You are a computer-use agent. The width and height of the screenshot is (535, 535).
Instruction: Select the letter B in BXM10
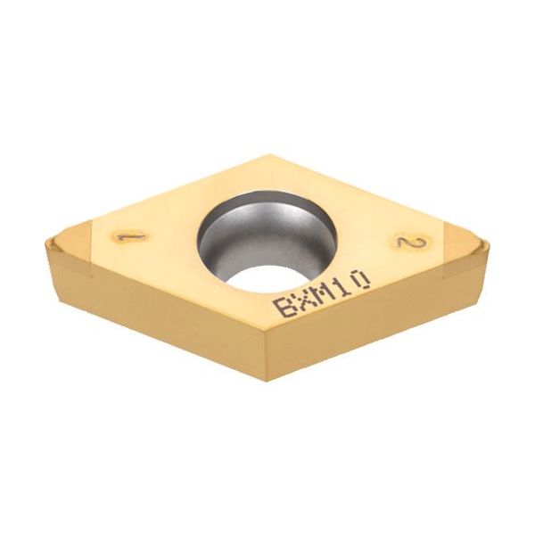coord(285,309)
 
